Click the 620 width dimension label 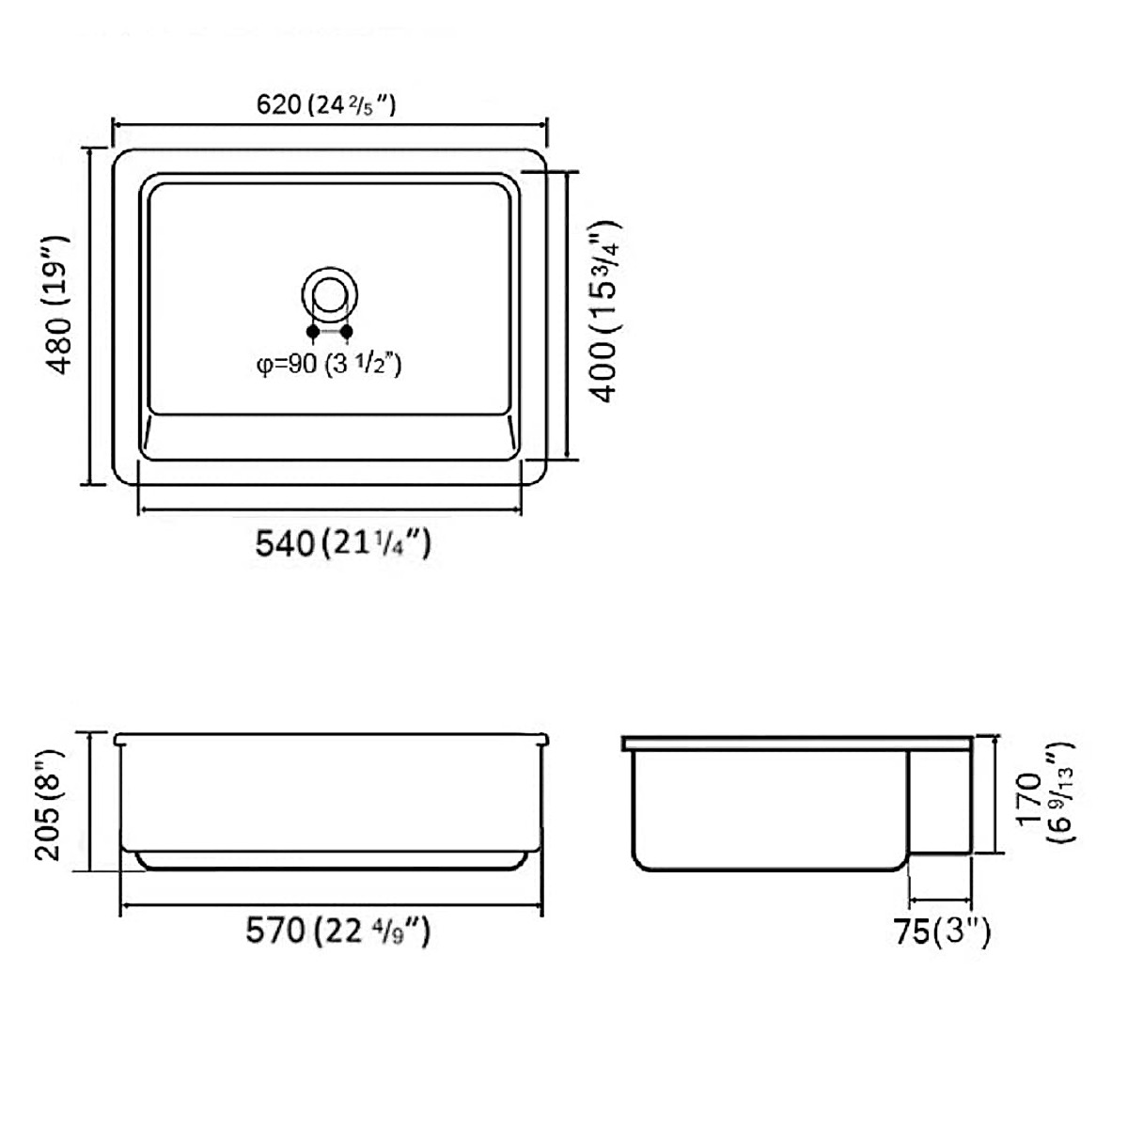pyautogui.click(x=326, y=105)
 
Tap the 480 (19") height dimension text pyautogui.click(x=58, y=305)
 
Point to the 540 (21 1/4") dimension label pyautogui.click(x=343, y=543)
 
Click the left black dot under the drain pyautogui.click(x=313, y=331)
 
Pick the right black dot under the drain pyautogui.click(x=347, y=331)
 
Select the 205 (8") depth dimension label pyautogui.click(x=48, y=804)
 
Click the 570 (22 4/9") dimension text pyautogui.click(x=337, y=931)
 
